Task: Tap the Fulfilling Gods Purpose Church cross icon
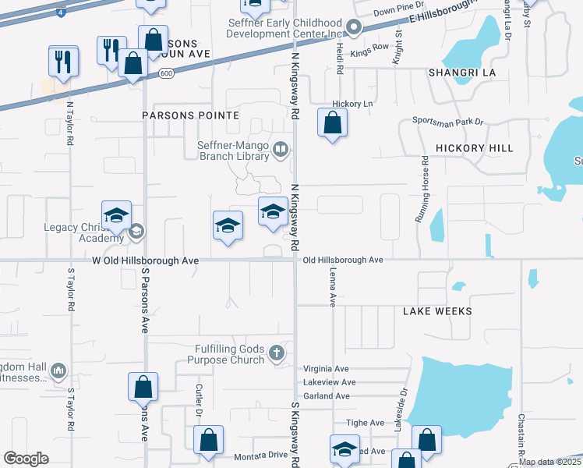(x=276, y=353)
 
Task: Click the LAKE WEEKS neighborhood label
(x=437, y=310)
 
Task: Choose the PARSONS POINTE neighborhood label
(x=190, y=115)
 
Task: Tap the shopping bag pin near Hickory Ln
(x=332, y=123)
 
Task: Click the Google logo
(x=26, y=459)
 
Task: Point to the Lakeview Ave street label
(x=329, y=382)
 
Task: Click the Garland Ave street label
(x=327, y=395)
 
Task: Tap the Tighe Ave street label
(x=366, y=422)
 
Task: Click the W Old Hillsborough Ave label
(x=145, y=260)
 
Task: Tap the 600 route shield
(x=165, y=73)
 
